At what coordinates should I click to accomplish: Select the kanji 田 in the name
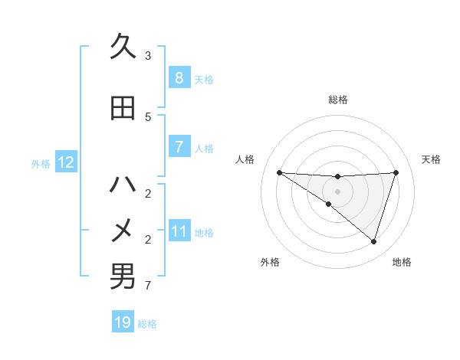(123, 108)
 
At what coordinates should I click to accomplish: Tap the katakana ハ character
(123, 184)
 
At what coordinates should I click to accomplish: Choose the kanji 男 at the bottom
(123, 276)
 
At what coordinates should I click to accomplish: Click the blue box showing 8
(179, 78)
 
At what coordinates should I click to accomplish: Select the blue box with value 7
(179, 147)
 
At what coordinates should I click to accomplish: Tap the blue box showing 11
(179, 231)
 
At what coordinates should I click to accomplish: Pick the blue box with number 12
(66, 162)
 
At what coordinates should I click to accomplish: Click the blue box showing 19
(123, 322)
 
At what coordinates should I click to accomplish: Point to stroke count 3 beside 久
(148, 56)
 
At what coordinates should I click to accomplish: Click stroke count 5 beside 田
(148, 117)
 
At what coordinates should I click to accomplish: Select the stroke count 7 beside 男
(148, 286)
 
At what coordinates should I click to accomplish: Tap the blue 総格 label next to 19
(147, 324)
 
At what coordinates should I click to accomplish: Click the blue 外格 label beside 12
(41, 163)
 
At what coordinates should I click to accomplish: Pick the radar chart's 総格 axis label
(337, 100)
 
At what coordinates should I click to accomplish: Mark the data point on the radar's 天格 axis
(396, 172)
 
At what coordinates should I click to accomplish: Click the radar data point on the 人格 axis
(279, 172)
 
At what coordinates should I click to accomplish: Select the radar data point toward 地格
(373, 241)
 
